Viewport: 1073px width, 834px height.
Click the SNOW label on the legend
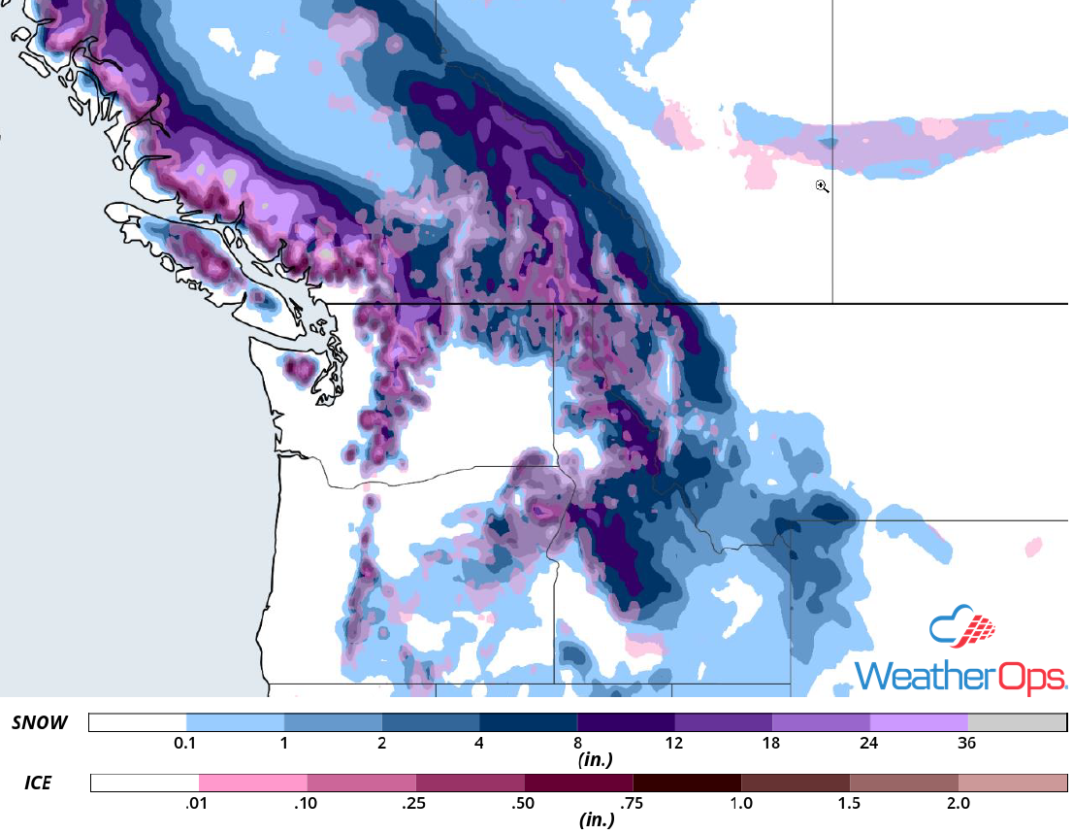(x=40, y=722)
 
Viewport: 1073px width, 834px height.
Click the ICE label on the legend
(x=40, y=782)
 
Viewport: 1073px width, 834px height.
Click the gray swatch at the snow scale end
(x=1016, y=723)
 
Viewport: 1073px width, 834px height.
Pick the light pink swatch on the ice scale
(x=252, y=783)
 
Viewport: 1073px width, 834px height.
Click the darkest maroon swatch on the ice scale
(x=686, y=783)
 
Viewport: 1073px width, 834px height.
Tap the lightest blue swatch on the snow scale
(x=235, y=723)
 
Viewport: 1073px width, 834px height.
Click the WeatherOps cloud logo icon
(x=962, y=628)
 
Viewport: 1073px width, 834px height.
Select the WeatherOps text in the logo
(x=959, y=676)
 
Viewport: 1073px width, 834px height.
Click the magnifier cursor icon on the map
(x=822, y=186)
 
